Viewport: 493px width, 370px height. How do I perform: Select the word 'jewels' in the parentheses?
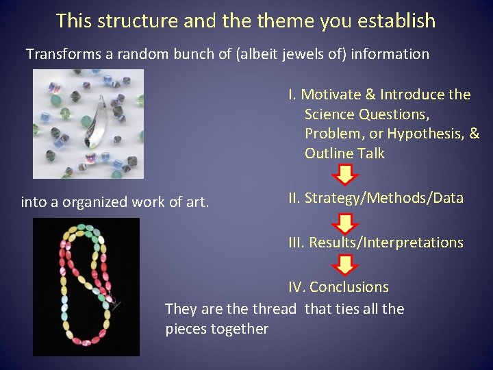[303, 54]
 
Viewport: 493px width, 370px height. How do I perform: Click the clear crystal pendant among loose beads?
[101, 122]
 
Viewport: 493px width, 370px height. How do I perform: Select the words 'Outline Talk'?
[344, 153]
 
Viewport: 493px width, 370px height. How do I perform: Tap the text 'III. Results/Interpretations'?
[376, 243]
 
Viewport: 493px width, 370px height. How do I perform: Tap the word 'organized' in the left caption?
[99, 202]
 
